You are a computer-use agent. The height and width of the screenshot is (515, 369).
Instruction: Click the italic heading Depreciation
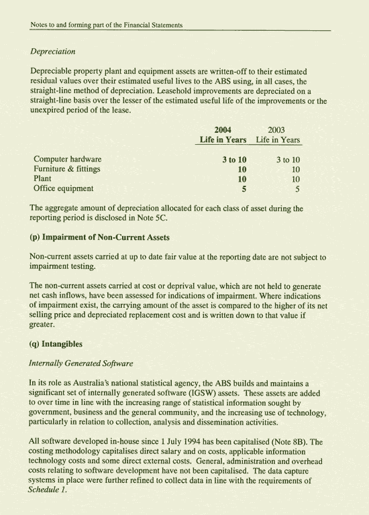click(x=52, y=52)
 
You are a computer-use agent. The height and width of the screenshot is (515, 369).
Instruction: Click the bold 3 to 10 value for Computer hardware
click(x=234, y=160)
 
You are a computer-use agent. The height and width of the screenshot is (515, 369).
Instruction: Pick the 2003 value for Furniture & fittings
click(x=295, y=170)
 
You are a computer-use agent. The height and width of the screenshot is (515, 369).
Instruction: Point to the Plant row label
click(x=42, y=179)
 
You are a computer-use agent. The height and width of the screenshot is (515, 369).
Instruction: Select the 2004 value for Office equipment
click(x=244, y=189)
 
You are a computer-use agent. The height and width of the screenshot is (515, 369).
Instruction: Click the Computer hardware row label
click(x=68, y=160)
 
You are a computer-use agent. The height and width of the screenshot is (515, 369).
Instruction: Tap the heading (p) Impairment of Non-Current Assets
click(x=99, y=237)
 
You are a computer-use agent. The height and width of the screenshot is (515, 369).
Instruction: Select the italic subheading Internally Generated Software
click(x=81, y=363)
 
